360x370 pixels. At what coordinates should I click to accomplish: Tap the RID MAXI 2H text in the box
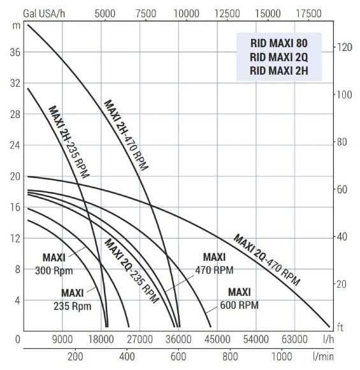tap(279, 71)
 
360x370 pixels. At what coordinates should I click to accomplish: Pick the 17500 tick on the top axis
tap(310, 13)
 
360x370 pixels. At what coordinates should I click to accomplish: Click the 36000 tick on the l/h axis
tap(178, 339)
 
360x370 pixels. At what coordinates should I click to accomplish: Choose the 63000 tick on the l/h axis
tap(295, 339)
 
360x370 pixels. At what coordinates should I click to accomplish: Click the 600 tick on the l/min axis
tap(178, 357)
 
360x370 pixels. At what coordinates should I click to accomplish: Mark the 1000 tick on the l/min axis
tap(282, 357)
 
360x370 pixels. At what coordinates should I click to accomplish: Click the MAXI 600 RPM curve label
tap(239, 298)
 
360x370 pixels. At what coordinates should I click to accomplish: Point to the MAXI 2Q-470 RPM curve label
tap(266, 260)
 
